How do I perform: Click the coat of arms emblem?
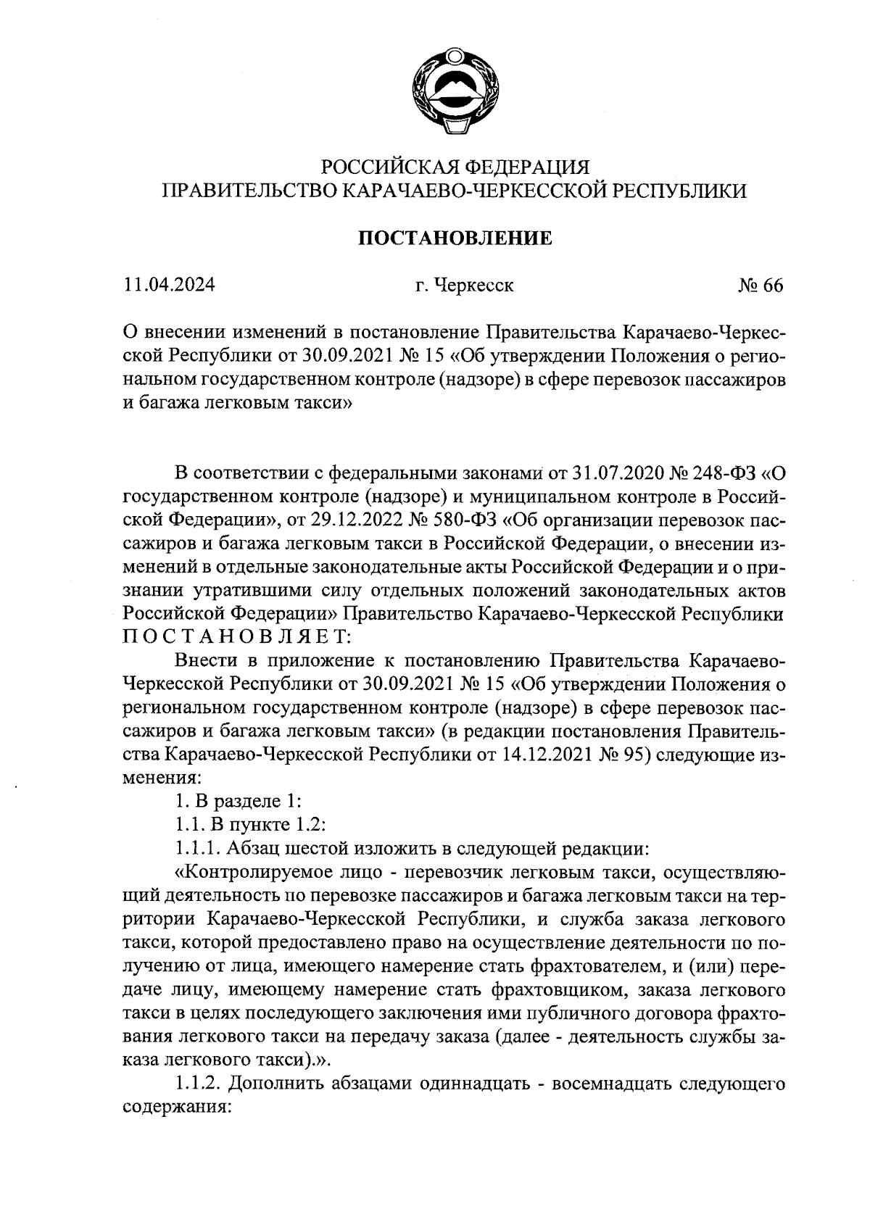pos(455,91)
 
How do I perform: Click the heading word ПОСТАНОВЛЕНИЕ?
pos(456,238)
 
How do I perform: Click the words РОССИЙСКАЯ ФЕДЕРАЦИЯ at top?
pos(455,167)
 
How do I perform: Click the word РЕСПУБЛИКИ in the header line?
pos(680,191)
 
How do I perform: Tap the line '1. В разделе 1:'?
pos(233,802)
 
